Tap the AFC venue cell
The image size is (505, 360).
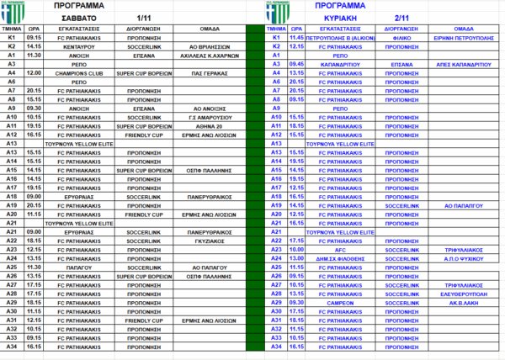coord(338,248)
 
